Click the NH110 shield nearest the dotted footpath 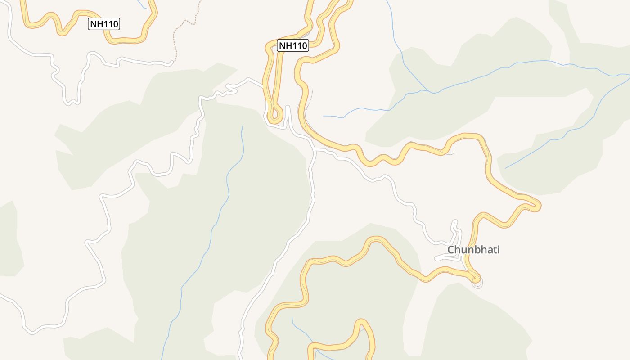click(x=104, y=24)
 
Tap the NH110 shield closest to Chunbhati click(x=292, y=45)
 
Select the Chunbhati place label click(x=473, y=250)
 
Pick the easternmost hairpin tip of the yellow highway click(x=537, y=206)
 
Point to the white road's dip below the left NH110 click(x=72, y=102)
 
